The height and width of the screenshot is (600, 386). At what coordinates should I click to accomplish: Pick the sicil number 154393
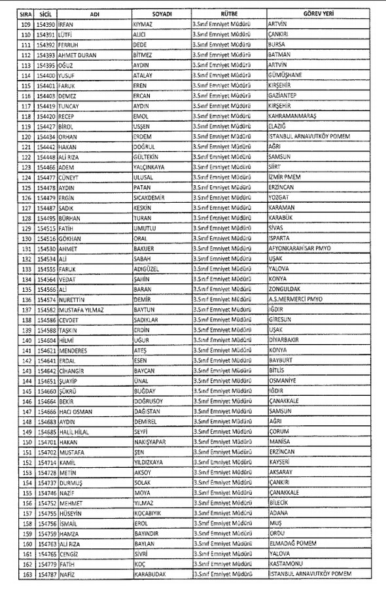click(x=45, y=54)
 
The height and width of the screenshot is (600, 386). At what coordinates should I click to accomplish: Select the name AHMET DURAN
click(x=77, y=54)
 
